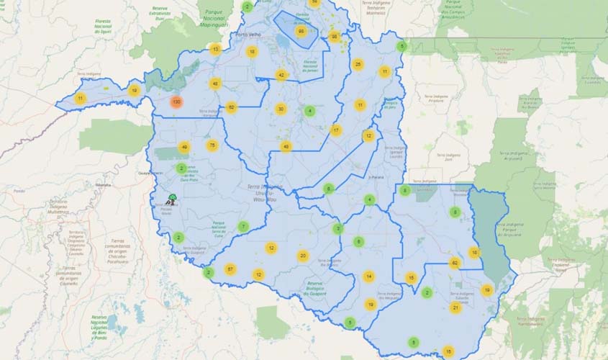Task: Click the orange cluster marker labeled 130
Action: [x=176, y=102]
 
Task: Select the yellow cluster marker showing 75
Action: [x=212, y=145]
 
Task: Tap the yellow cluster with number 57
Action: [x=230, y=269]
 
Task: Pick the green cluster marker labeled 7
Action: [x=243, y=226]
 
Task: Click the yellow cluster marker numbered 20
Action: [x=303, y=256]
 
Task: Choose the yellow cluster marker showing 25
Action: [x=358, y=65]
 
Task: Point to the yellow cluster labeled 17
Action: [x=336, y=130]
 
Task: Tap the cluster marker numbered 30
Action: [x=281, y=109]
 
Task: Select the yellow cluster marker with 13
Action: [x=215, y=49]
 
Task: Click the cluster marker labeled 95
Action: [x=301, y=31]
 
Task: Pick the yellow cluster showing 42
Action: [x=281, y=75]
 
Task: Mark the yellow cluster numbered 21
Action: [x=455, y=307]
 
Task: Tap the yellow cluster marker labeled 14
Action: [x=369, y=276]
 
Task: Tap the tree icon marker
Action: [x=173, y=198]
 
